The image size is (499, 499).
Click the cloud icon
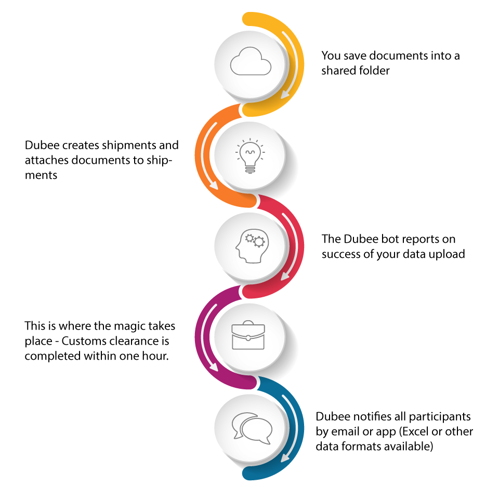click(251, 61)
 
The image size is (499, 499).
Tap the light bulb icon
click(250, 156)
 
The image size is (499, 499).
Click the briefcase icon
click(248, 335)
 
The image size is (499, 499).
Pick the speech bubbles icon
click(252, 428)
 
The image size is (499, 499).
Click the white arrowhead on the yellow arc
click(285, 94)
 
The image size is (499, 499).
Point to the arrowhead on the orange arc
click(213, 185)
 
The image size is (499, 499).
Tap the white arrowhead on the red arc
click(285, 275)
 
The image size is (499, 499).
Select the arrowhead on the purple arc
click(213, 366)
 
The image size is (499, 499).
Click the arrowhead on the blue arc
click(285, 457)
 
